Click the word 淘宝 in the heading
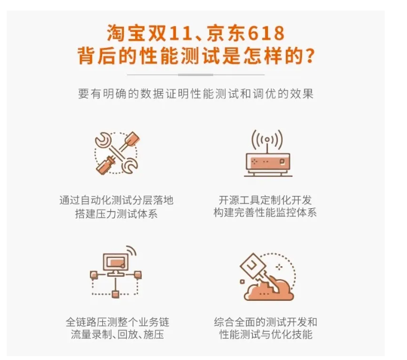coord(126,33)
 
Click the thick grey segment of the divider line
coord(195,75)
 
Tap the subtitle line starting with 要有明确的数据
coord(196,94)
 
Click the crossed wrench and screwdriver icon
coord(117,153)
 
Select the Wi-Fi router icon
coord(268,153)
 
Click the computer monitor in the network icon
coord(116,263)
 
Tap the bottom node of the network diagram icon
coord(115,294)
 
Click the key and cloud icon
coord(267,276)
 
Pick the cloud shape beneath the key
coord(269,290)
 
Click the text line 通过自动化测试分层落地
coord(116,200)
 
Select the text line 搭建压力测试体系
coord(116,214)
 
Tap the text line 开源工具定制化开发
coord(265,200)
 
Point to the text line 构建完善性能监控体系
coord(265,213)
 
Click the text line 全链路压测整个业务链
coord(117,322)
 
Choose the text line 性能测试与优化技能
coord(266,334)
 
